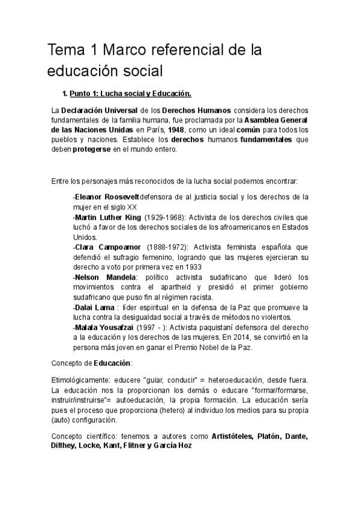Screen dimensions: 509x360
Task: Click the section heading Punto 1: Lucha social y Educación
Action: [130, 94]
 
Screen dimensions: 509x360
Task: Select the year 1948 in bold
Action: [176, 130]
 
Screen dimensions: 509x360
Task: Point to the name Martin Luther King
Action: [108, 217]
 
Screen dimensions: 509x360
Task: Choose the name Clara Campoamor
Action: [108, 247]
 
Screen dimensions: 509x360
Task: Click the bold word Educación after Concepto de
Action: [112, 363]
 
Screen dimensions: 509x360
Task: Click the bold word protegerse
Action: [92, 149]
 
